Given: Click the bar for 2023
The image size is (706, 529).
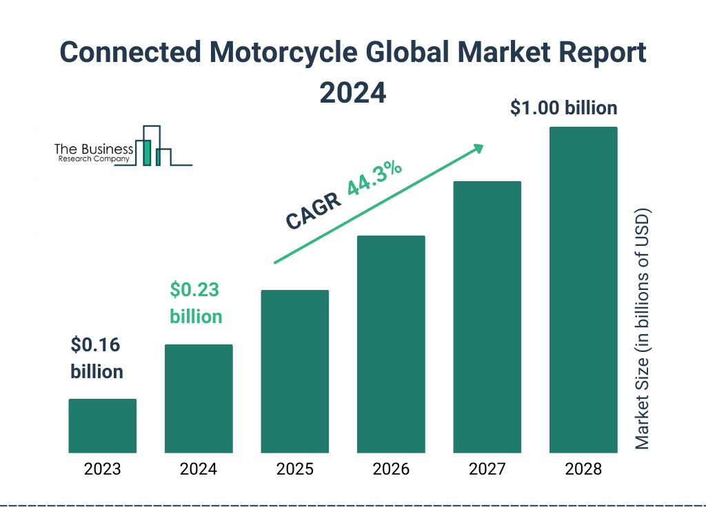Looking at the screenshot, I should [x=102, y=426].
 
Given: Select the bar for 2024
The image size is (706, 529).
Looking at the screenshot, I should [x=199, y=398].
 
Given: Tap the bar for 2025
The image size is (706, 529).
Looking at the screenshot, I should [x=294, y=371].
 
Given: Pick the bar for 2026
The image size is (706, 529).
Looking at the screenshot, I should [x=391, y=344].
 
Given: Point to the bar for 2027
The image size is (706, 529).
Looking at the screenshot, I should [x=487, y=317].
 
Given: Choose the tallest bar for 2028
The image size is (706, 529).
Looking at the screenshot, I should [x=583, y=290].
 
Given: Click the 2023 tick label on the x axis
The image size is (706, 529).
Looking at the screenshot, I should [x=102, y=470].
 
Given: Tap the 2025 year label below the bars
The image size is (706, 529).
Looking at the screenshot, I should [x=294, y=470].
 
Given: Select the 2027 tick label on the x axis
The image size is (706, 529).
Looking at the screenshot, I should [x=487, y=470].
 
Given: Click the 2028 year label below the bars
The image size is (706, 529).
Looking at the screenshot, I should [x=583, y=470].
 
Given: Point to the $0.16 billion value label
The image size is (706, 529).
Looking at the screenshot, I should [x=97, y=358].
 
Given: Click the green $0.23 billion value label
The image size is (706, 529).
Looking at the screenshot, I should [x=196, y=303].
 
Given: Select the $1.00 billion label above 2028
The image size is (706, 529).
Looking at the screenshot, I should [x=563, y=108].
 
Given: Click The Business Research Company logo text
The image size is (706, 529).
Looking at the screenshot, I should [x=93, y=153].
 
